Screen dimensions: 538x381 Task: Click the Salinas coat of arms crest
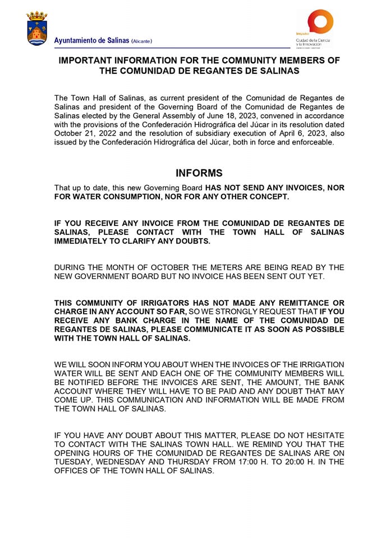click(37, 29)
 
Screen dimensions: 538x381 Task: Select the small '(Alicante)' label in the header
click(141, 41)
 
